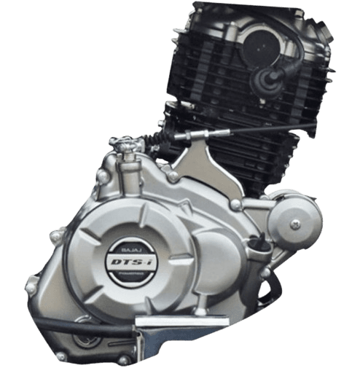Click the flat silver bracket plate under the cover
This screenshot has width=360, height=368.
(x=175, y=321)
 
